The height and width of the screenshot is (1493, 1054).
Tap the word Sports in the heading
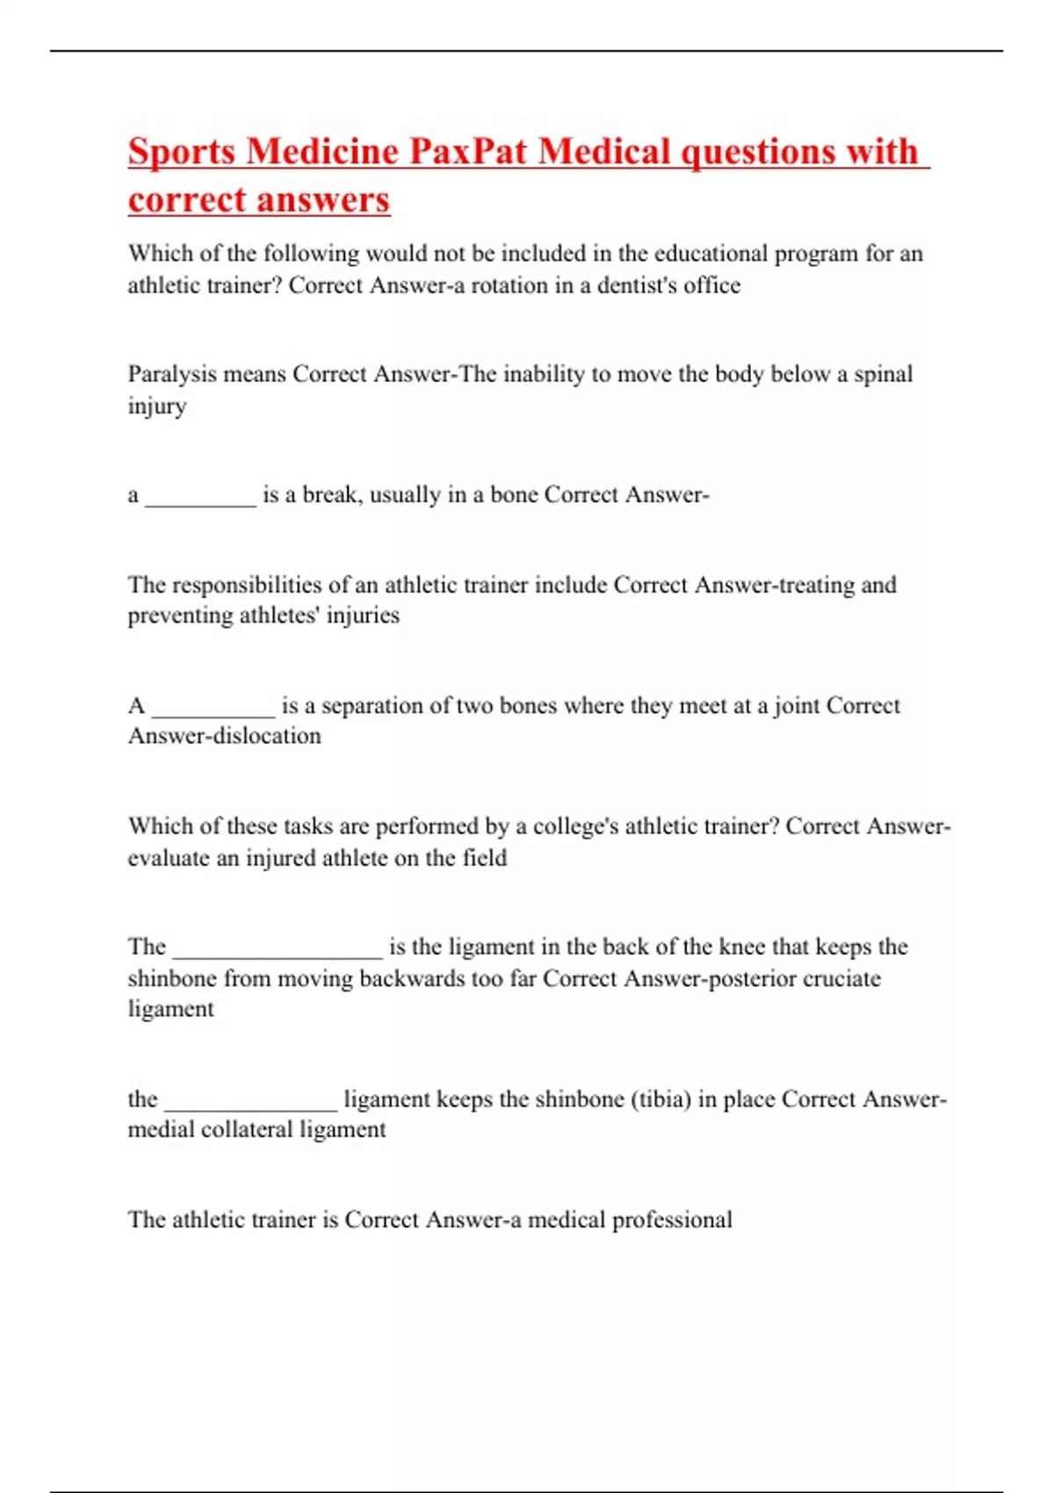click(182, 151)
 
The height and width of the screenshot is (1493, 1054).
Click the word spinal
click(883, 374)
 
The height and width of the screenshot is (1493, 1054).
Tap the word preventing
click(177, 616)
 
